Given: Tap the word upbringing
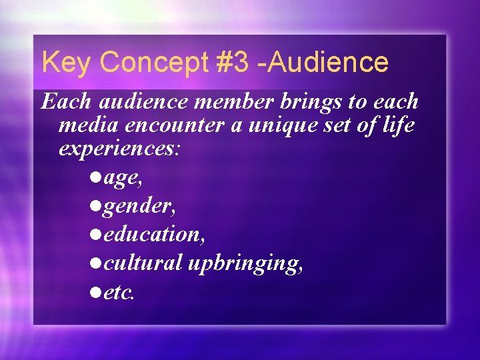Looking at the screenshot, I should point(245,264).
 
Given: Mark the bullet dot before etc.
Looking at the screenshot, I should point(93,290).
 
